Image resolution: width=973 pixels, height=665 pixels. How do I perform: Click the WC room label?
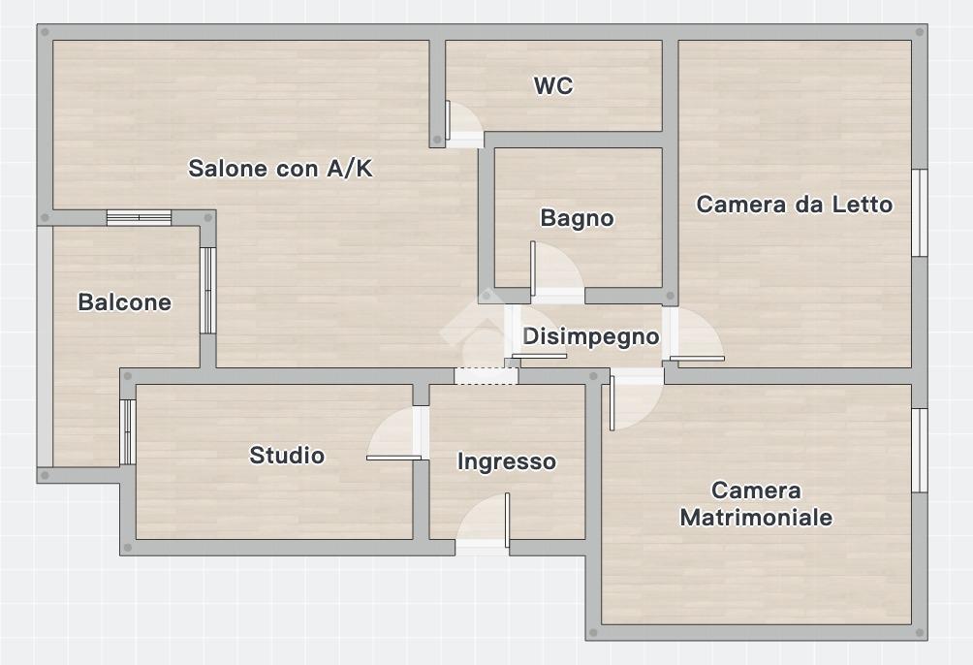tap(553, 85)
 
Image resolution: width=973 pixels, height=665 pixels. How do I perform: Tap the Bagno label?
tap(577, 218)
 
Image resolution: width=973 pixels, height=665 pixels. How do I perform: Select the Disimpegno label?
tap(591, 336)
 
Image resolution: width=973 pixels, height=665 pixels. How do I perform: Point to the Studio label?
tap(287, 456)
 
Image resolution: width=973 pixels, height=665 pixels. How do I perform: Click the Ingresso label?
tap(506, 462)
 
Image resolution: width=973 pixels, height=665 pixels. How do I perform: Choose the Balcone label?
tap(124, 302)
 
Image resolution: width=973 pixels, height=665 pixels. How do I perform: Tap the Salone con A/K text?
tap(280, 169)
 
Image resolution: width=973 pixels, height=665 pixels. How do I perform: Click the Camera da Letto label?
tap(795, 205)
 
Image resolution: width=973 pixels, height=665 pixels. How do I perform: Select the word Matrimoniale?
tap(756, 518)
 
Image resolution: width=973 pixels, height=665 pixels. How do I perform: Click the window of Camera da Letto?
tap(920, 212)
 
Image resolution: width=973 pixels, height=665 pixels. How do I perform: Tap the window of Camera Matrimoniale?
tap(920, 450)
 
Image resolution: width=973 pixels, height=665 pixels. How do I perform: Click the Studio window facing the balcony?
tap(127, 432)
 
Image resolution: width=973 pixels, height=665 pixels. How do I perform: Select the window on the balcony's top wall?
tap(139, 217)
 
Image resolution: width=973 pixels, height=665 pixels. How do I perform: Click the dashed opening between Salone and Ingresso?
tap(486, 376)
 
